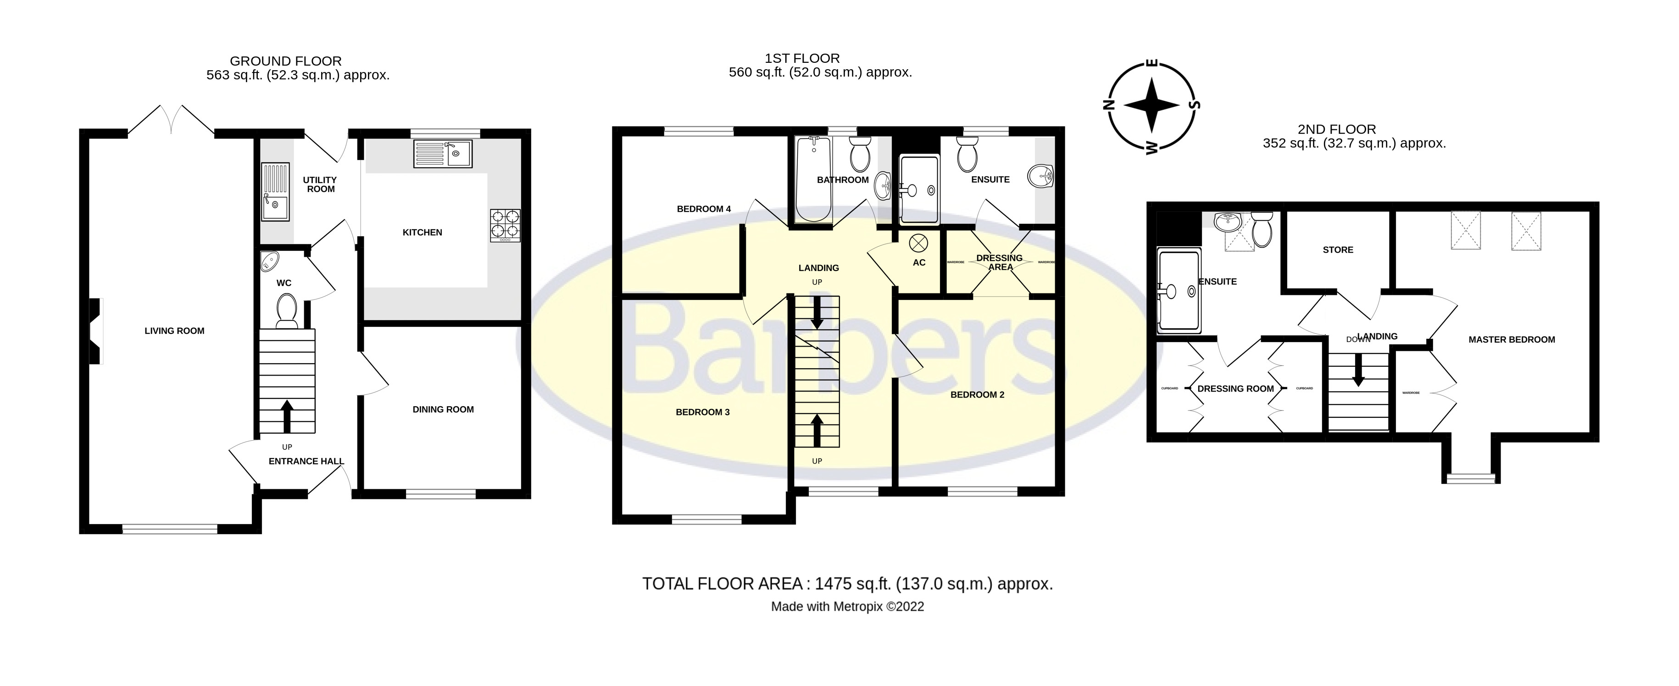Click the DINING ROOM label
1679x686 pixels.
(443, 409)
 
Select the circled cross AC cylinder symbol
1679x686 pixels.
(918, 243)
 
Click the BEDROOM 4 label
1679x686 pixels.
(703, 209)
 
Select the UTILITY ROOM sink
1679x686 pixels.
(274, 192)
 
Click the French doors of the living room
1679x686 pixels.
(171, 120)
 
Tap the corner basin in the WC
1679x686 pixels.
(268, 262)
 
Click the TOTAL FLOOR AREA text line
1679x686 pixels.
(847, 584)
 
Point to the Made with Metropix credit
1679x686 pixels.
(847, 607)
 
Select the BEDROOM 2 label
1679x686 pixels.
(977, 394)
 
